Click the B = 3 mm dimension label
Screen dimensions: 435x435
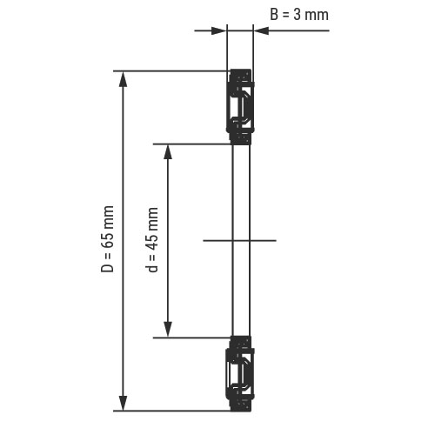299,15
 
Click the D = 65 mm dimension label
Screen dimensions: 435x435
107,238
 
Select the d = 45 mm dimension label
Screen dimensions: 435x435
151,240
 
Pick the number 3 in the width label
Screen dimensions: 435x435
297,15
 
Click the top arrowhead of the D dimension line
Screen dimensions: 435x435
124,79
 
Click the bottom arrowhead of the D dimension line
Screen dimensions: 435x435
124,403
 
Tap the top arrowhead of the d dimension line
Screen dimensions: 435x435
168,151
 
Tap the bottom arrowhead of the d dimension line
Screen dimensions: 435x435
168,330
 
